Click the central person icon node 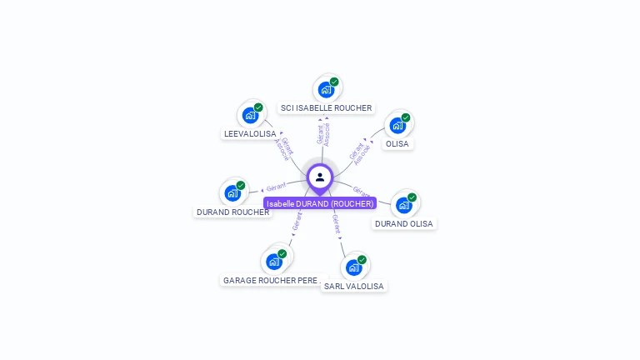tap(320, 177)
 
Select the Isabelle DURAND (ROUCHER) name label tap(320, 203)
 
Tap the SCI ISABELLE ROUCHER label tap(326, 108)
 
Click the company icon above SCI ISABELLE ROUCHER tap(326, 89)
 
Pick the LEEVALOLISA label tap(250, 133)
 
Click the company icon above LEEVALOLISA tap(250, 115)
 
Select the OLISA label tap(397, 143)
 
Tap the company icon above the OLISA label tap(397, 125)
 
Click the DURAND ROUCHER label tap(232, 212)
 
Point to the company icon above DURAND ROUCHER tap(232, 192)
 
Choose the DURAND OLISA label tap(405, 223)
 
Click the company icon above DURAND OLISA tap(404, 204)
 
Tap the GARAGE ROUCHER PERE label tap(270, 281)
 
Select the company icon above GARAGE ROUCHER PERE tap(273, 261)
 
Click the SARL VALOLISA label tap(354, 286)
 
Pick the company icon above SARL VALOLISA tap(354, 267)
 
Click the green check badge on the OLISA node tap(406, 117)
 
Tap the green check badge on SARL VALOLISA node tap(362, 259)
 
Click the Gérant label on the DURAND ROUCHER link tap(276, 186)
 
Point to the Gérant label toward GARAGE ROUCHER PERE tap(297, 221)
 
